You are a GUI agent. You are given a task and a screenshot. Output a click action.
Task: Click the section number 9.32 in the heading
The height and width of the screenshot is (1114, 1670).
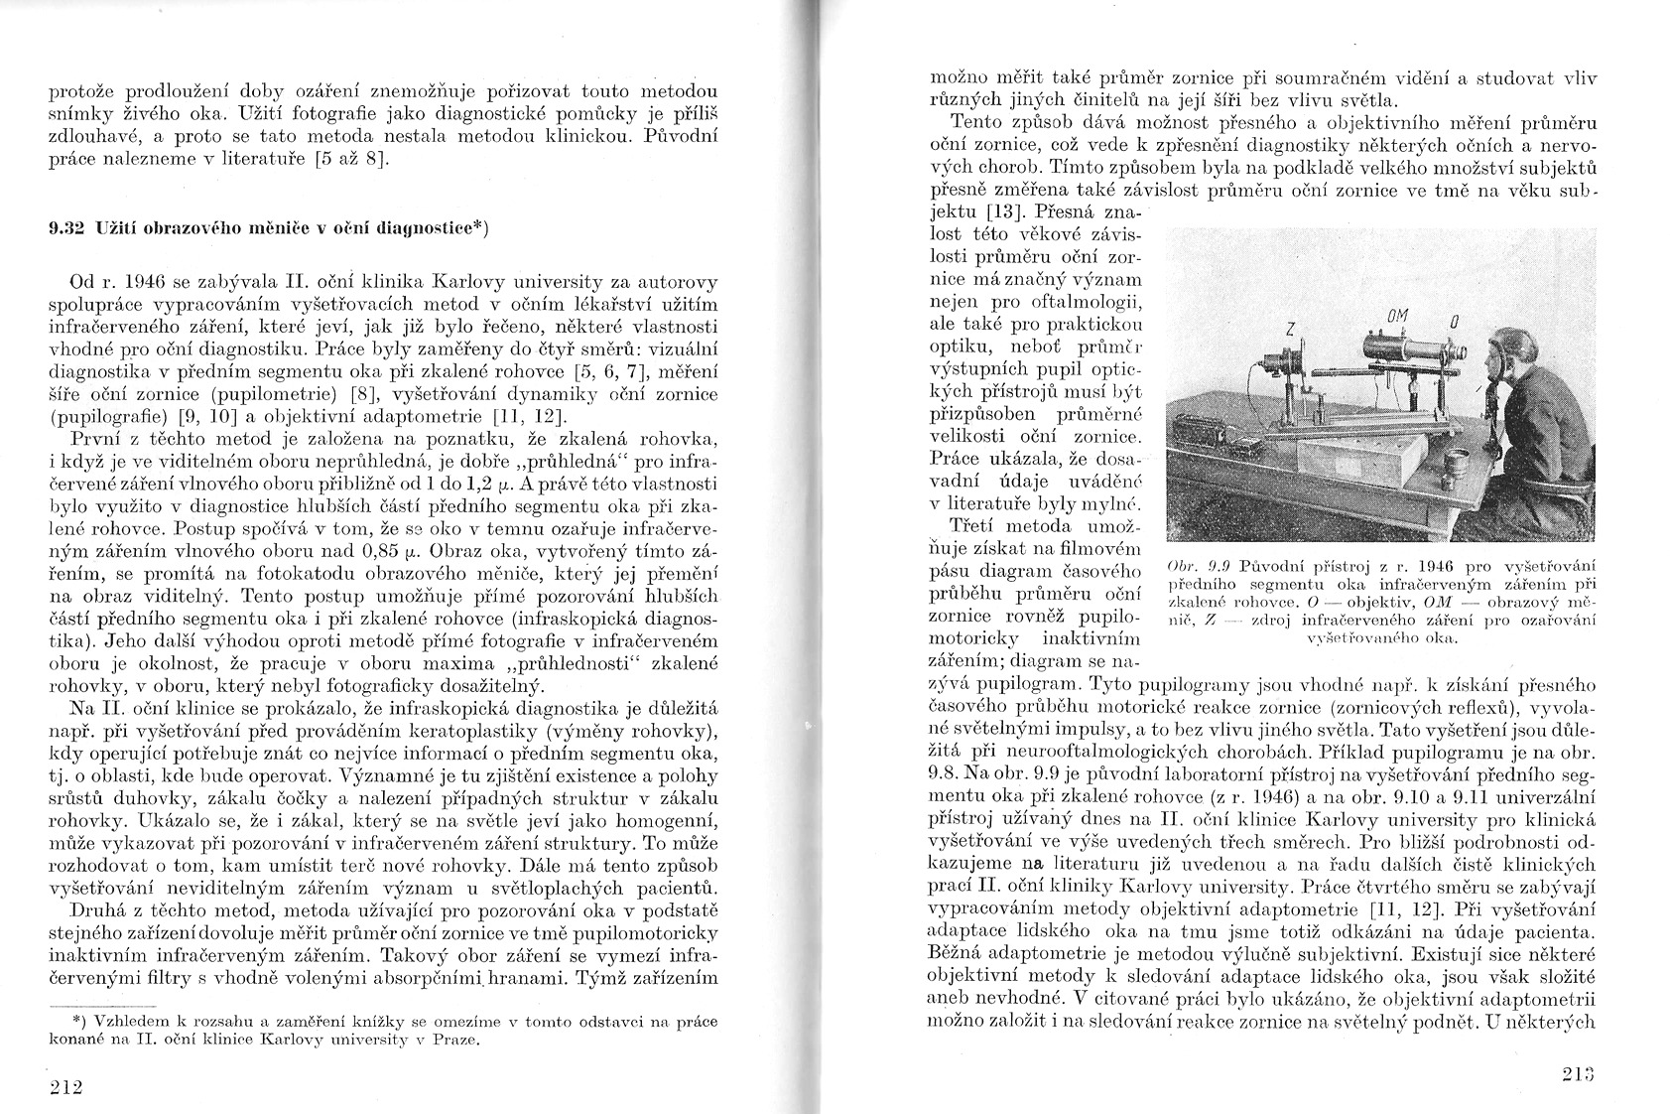click(65, 228)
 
